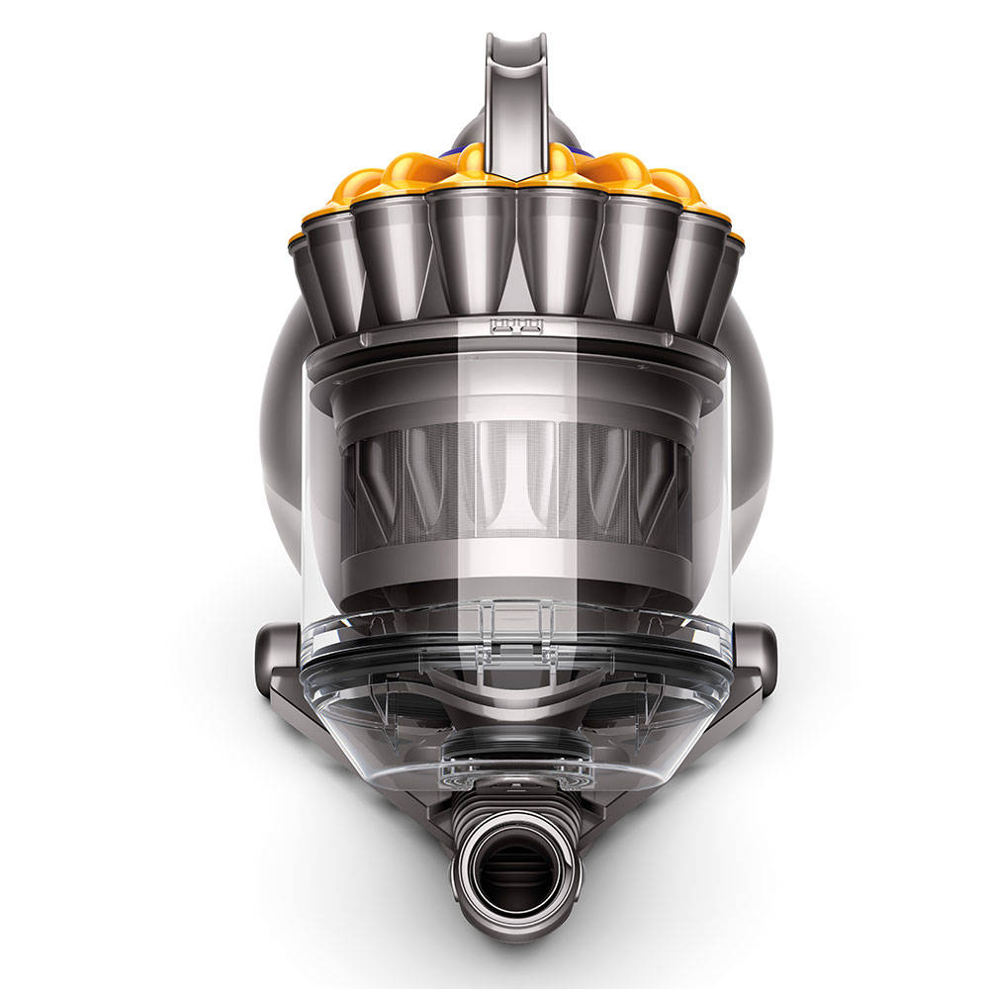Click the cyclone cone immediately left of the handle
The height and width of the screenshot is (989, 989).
[471, 242]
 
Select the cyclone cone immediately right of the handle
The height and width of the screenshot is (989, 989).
[560, 242]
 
